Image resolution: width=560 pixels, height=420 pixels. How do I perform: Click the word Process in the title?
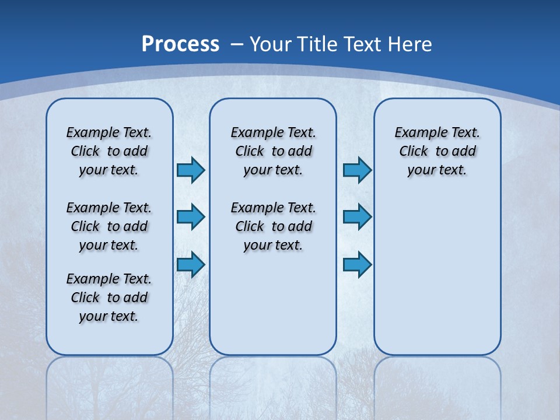point(180,44)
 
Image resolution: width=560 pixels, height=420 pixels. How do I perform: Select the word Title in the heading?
point(318,44)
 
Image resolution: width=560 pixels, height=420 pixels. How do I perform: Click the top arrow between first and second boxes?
point(191,170)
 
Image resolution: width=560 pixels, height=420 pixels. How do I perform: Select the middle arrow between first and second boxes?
point(191,217)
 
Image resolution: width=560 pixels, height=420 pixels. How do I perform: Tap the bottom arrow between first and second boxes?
point(191,265)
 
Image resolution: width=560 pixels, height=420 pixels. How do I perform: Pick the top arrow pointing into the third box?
point(357,170)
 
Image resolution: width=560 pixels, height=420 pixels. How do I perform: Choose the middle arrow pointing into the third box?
point(357,217)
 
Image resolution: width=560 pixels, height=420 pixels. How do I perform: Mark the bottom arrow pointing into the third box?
point(357,265)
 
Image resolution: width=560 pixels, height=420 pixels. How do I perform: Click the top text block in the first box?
point(109,151)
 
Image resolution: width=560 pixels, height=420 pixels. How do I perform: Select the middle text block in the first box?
point(109,226)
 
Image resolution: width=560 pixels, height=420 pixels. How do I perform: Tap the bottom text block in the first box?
point(109,297)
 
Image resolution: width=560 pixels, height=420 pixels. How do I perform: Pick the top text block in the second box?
point(273,151)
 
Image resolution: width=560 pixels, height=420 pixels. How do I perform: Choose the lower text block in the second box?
point(273,226)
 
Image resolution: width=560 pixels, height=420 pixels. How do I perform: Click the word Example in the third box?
point(416,133)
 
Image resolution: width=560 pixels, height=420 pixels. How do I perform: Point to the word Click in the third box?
point(414,152)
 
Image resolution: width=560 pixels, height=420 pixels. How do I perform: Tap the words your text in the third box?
point(437,170)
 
